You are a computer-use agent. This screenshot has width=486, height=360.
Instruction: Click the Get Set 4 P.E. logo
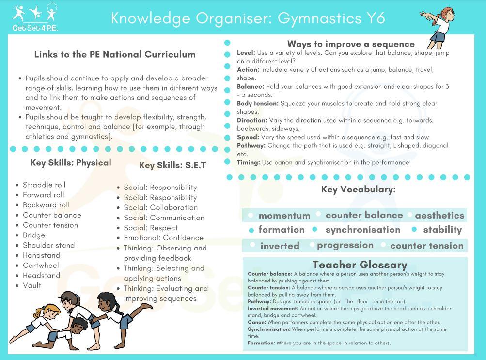(x=35, y=18)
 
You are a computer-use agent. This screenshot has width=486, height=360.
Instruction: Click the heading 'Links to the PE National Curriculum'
(x=115, y=54)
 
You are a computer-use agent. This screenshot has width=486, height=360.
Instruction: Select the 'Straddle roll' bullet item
(x=44, y=185)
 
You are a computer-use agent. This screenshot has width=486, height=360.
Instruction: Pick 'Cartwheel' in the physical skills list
(x=41, y=266)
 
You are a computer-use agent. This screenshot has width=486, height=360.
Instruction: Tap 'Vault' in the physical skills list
(x=32, y=285)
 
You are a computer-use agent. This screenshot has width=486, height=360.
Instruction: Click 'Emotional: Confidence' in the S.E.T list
(x=163, y=238)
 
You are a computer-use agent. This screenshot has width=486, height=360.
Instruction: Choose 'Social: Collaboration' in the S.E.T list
(x=160, y=207)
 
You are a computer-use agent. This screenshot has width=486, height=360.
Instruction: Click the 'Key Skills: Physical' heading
(x=71, y=163)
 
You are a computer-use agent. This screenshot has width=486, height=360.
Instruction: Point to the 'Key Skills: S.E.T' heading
(x=172, y=165)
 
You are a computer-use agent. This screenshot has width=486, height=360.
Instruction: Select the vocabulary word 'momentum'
(x=284, y=216)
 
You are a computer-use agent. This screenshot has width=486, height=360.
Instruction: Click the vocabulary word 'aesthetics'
(x=439, y=215)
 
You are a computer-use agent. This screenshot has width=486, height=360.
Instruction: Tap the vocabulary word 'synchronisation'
(x=363, y=230)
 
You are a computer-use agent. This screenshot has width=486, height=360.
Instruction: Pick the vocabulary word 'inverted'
(x=280, y=246)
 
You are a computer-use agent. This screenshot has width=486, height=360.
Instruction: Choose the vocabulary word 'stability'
(x=442, y=230)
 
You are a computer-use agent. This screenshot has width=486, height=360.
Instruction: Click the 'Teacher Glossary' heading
(x=360, y=265)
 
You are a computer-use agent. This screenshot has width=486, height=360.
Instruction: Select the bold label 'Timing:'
(x=249, y=162)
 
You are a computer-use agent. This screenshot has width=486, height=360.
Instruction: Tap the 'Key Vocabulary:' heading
(x=358, y=189)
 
